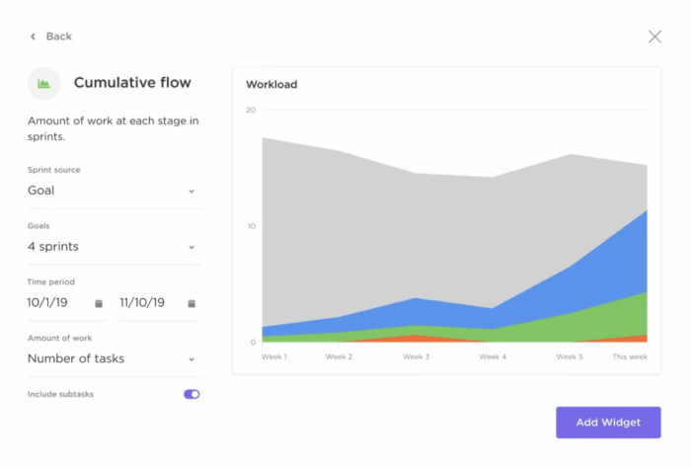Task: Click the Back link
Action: click(51, 37)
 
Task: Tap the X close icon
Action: click(654, 37)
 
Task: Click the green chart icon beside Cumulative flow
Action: click(43, 84)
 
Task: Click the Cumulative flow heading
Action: click(132, 83)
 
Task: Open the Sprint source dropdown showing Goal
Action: click(113, 191)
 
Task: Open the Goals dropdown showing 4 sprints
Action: click(113, 247)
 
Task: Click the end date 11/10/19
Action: click(142, 303)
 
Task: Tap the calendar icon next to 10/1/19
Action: click(99, 303)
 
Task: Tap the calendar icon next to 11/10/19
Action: click(192, 303)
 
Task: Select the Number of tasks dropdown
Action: click(113, 359)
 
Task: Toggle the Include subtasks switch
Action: click(192, 394)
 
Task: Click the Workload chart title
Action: click(271, 85)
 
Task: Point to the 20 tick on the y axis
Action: click(251, 111)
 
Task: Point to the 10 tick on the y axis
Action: click(251, 226)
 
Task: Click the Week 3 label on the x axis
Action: click(415, 356)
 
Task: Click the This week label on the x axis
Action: click(630, 356)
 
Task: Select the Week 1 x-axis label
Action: click(273, 356)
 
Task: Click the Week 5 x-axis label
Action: click(569, 356)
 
